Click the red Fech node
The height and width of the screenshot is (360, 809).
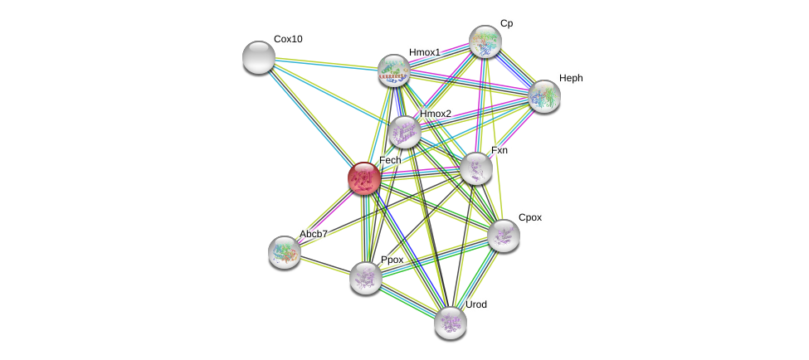tap(363, 178)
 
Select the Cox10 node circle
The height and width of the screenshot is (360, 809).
tap(259, 57)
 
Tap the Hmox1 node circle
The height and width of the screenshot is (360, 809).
tap(394, 71)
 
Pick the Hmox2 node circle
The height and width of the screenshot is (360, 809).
tap(404, 132)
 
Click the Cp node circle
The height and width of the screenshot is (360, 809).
tap(485, 41)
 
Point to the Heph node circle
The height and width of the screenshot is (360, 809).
tap(543, 95)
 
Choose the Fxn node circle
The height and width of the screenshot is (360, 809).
tap(476, 168)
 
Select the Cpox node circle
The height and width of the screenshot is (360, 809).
tap(503, 236)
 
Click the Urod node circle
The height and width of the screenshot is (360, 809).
tap(450, 323)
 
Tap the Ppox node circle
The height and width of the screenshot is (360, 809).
tap(365, 278)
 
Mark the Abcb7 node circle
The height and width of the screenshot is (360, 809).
tap(285, 251)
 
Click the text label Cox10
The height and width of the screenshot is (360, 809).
tap(288, 39)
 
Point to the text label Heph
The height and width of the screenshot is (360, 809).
tap(571, 78)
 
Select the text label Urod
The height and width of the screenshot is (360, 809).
tap(476, 304)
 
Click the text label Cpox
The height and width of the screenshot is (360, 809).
tap(530, 217)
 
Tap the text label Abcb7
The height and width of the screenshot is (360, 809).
tap(314, 234)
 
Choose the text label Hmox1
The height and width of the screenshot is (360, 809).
tap(425, 52)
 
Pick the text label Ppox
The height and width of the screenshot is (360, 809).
tap(392, 260)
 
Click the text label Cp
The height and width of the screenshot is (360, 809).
tap(506, 23)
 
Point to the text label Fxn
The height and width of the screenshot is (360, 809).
tap(500, 150)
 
